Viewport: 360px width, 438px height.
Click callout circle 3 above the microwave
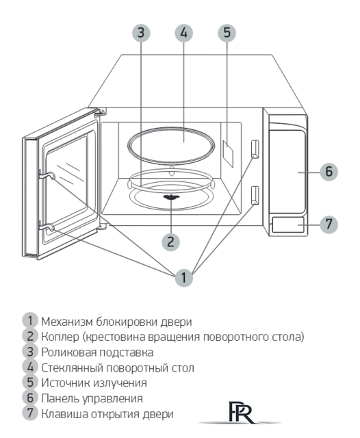click(x=140, y=33)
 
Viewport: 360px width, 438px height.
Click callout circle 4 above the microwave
click(x=183, y=33)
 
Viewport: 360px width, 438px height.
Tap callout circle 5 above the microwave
click(x=228, y=33)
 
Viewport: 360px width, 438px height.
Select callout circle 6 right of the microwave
click(x=329, y=172)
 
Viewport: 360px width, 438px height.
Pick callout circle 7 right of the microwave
click(x=329, y=224)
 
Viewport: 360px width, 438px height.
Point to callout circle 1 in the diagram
click(x=183, y=278)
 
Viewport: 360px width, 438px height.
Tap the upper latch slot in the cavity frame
click(x=255, y=149)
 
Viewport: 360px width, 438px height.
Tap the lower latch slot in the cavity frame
click(x=255, y=195)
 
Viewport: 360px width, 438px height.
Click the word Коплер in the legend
click(x=59, y=335)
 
